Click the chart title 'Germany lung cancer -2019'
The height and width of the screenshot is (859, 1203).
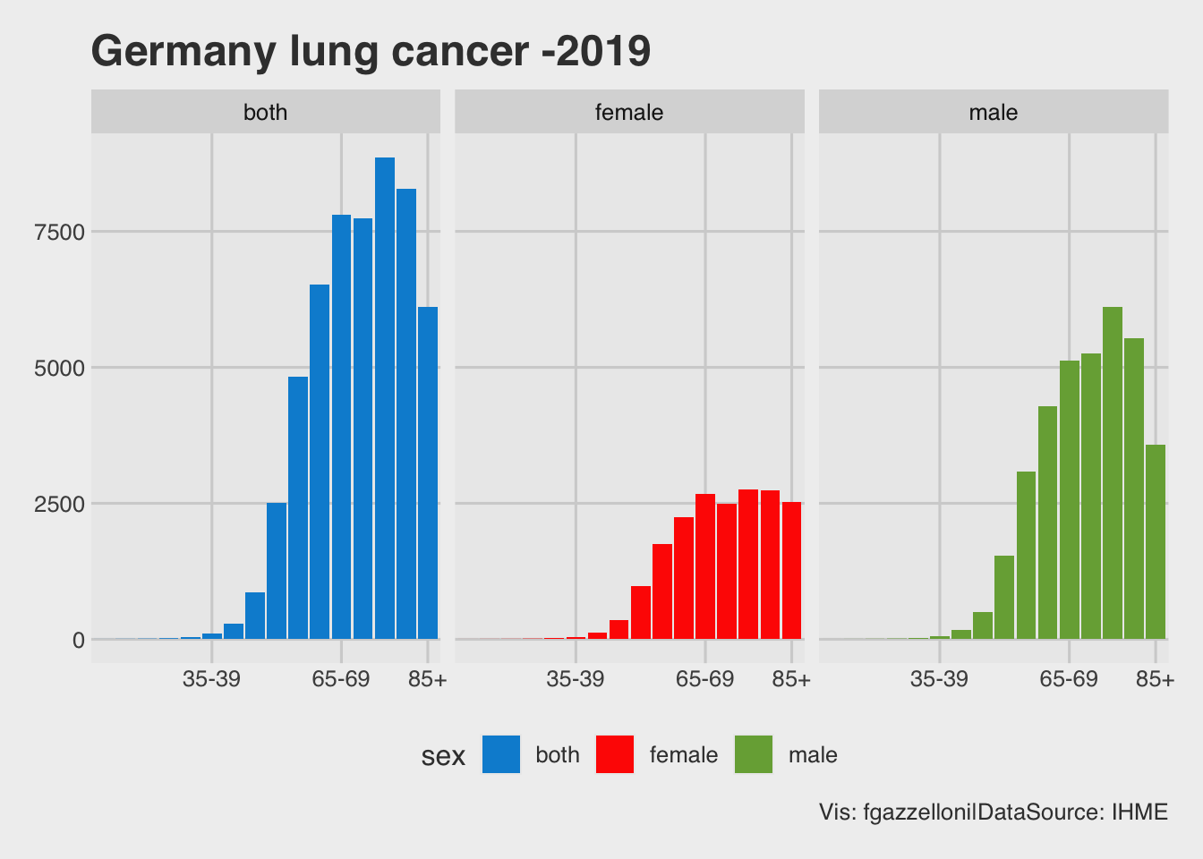pyautogui.click(x=371, y=52)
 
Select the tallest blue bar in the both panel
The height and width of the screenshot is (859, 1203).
pyautogui.click(x=385, y=397)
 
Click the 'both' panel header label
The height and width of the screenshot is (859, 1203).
pyautogui.click(x=266, y=113)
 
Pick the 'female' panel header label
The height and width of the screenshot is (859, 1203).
pyautogui.click(x=629, y=113)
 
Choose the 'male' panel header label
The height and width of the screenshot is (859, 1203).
pyautogui.click(x=994, y=113)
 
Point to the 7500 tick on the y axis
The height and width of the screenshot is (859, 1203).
pyautogui.click(x=59, y=233)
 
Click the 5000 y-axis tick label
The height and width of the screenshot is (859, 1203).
pyautogui.click(x=59, y=369)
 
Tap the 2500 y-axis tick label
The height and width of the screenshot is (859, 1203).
pyautogui.click(x=59, y=505)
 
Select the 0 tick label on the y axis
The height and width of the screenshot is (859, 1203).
pyautogui.click(x=79, y=641)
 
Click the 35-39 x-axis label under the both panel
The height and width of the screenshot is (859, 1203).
pyautogui.click(x=211, y=680)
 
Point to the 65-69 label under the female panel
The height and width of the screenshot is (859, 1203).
pyautogui.click(x=705, y=680)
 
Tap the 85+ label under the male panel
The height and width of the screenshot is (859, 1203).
pyautogui.click(x=1155, y=680)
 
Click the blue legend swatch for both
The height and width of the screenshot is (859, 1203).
pyautogui.click(x=501, y=754)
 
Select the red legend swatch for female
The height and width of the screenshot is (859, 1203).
pyautogui.click(x=615, y=754)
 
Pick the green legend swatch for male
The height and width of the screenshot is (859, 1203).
pyautogui.click(x=754, y=754)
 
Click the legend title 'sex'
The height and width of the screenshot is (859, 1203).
pyautogui.click(x=443, y=756)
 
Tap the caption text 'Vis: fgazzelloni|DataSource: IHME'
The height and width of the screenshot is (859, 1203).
pyautogui.click(x=994, y=812)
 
